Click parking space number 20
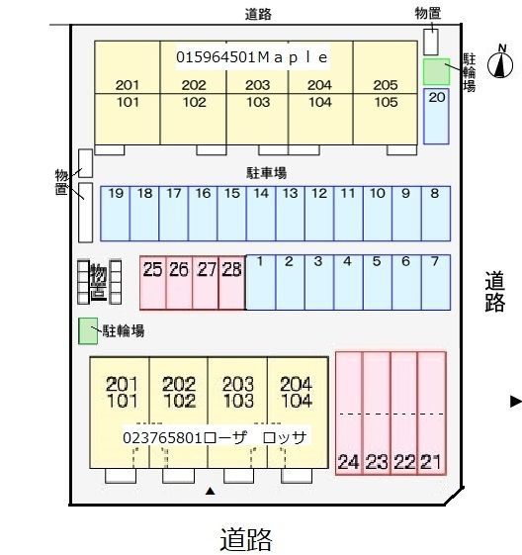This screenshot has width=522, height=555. tap(436, 117)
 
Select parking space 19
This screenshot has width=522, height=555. tap(116, 214)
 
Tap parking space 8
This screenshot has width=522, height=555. tap(436, 214)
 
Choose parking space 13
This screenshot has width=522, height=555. tap(290, 214)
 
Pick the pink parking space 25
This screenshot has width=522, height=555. tap(153, 283)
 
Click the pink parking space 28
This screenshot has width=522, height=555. tap(232, 283)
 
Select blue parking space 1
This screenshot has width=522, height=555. tap(261, 282)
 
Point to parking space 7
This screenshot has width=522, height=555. tap(436, 282)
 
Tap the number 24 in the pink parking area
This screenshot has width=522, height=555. tap(349, 462)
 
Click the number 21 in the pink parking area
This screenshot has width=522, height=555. tap(431, 462)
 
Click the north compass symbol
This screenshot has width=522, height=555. tap(500, 61)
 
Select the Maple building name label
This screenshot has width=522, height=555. tap(252, 57)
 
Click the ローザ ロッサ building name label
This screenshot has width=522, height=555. tap(215, 438)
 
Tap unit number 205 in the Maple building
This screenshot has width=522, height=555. tap(386, 85)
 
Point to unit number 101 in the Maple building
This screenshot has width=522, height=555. tap(128, 102)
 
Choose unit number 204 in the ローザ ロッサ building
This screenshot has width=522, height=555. tap(297, 383)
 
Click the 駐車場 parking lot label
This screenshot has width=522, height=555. tap(266, 173)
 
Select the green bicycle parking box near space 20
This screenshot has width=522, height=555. tap(437, 72)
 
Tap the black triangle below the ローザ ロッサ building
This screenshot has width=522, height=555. tap(211, 491)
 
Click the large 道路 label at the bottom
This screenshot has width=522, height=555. tap(246, 540)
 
